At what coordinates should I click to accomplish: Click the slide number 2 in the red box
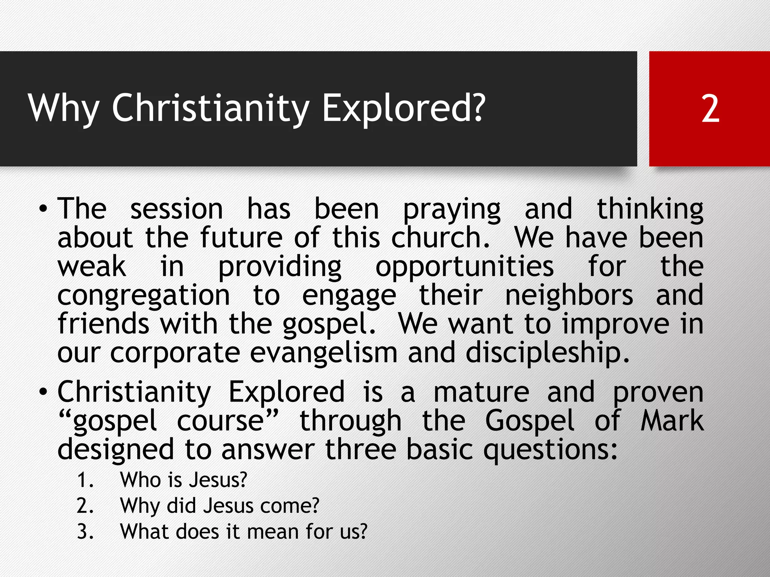tap(710, 109)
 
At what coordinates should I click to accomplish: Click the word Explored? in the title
tap(404, 109)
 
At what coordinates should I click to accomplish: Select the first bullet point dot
tap(44, 209)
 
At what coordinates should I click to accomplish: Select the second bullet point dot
tap(44, 392)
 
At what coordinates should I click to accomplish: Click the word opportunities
tap(465, 268)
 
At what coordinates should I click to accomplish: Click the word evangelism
tap(324, 353)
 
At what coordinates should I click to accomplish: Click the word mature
tap(481, 392)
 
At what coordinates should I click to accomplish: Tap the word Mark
tap(672, 421)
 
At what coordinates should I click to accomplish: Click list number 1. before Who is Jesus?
tap(85, 480)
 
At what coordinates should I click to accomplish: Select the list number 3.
tap(85, 532)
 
